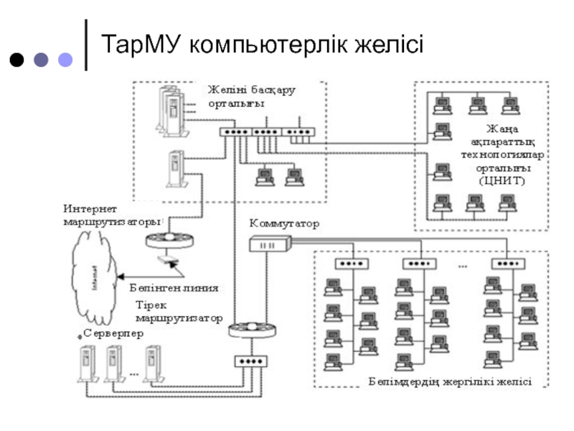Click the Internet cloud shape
[93, 276]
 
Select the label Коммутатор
[284, 224]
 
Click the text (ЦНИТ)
[502, 181]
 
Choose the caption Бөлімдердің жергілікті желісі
[450, 382]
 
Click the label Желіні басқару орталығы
[251, 96]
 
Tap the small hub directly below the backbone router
[250, 361]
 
